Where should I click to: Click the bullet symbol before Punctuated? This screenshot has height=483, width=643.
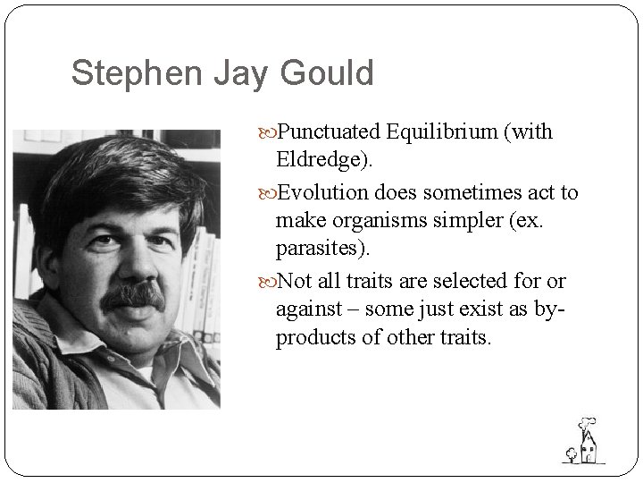tap(271, 133)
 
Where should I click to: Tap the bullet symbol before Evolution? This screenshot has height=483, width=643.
tap(271, 193)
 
